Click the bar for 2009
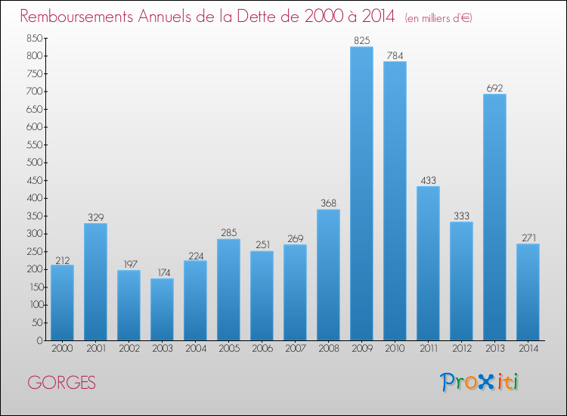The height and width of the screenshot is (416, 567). pyautogui.click(x=361, y=194)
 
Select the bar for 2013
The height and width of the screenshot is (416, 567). pyautogui.click(x=494, y=217)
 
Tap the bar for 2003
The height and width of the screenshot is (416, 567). pyautogui.click(x=162, y=309)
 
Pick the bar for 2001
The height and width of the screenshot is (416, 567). pyautogui.click(x=95, y=282)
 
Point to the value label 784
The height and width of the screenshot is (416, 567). pyautogui.click(x=395, y=55)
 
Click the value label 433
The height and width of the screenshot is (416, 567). pyautogui.click(x=428, y=180)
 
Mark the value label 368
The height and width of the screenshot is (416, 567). pyautogui.click(x=328, y=203)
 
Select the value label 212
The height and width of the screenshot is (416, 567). pyautogui.click(x=62, y=260)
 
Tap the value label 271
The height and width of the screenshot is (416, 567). pyautogui.click(x=528, y=237)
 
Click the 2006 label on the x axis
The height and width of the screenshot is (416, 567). pyautogui.click(x=262, y=349)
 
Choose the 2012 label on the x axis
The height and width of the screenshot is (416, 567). pyautogui.click(x=462, y=349)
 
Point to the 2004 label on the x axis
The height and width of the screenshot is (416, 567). pyautogui.click(x=196, y=349)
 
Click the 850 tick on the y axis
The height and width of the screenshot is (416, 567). pyautogui.click(x=34, y=38)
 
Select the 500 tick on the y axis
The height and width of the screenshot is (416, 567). pyautogui.click(x=34, y=163)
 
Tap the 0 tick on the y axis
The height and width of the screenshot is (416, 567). pyautogui.click(x=40, y=340)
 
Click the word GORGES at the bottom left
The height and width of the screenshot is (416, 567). pyautogui.click(x=61, y=383)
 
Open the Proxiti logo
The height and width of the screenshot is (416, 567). pyautogui.click(x=479, y=382)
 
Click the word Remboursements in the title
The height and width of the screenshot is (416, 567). pyautogui.click(x=76, y=17)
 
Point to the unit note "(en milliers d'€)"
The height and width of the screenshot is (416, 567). pyautogui.click(x=438, y=18)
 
